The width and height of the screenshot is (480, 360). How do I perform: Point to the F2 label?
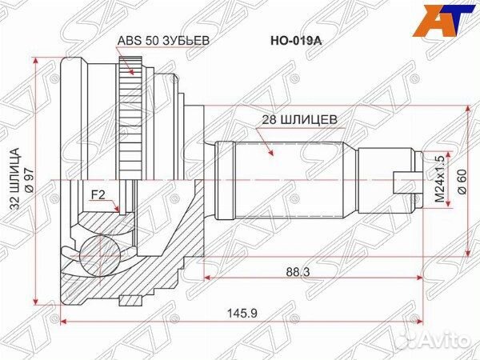pyautogui.click(x=98, y=194)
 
